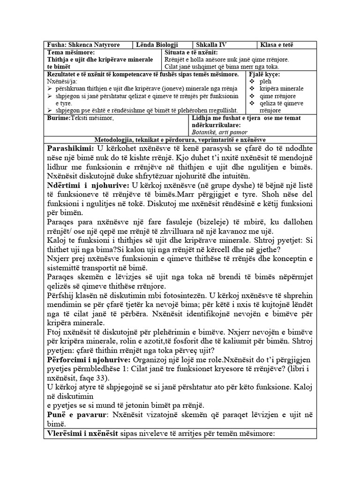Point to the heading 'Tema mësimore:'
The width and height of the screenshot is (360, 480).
click(71, 52)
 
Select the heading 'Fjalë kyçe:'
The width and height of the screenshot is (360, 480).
click(265, 75)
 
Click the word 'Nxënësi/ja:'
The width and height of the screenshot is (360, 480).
click(61, 81)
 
